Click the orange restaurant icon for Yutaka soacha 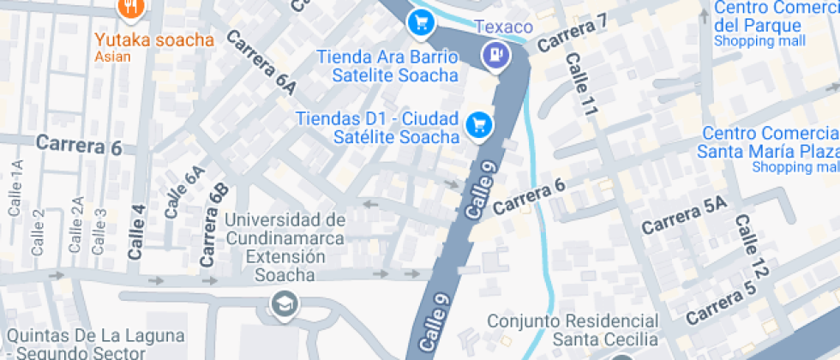(x=131, y=8)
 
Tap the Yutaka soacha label (x=153, y=39)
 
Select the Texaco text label (x=504, y=27)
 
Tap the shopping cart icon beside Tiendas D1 (x=478, y=125)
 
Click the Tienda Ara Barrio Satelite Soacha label (x=387, y=66)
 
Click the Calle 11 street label (x=580, y=84)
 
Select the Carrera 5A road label (x=683, y=215)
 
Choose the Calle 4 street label (x=137, y=231)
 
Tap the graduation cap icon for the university (x=281, y=303)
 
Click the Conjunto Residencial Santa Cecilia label (x=573, y=330)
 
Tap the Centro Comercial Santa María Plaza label (x=770, y=143)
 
